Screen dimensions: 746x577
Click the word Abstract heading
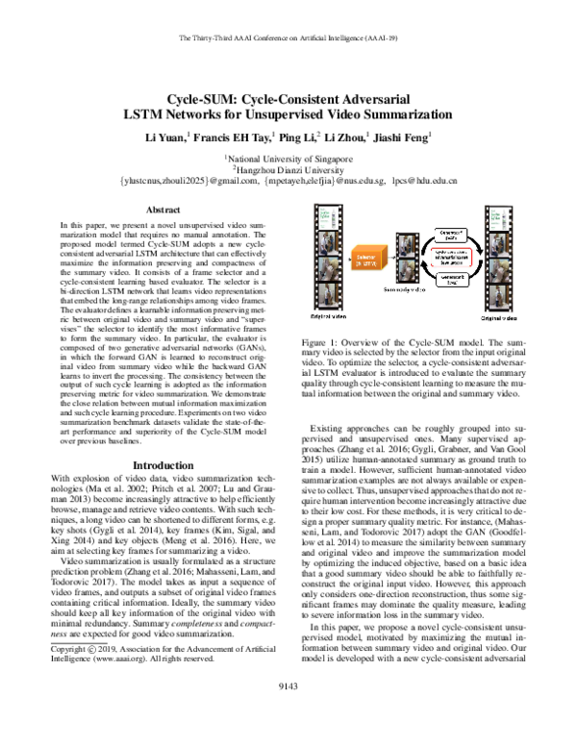coord(162,209)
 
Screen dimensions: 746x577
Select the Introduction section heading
coord(162,464)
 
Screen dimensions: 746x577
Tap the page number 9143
coord(288,711)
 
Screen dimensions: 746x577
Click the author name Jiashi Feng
coord(399,137)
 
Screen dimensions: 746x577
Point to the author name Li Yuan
coord(169,137)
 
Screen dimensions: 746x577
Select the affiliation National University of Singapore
coord(289,156)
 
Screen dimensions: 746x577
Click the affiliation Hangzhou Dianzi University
coord(289,167)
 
